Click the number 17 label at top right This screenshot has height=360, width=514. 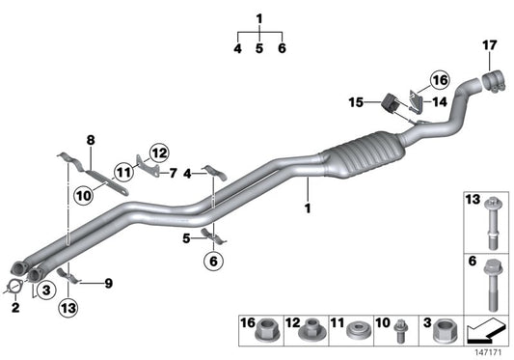[490, 43]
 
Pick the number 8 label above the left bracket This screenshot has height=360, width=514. [91, 140]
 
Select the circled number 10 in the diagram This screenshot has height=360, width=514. [83, 194]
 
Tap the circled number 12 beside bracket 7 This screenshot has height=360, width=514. [158, 151]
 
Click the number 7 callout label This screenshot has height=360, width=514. [172, 174]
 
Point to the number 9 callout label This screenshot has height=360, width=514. [108, 283]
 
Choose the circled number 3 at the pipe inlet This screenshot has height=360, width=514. [45, 277]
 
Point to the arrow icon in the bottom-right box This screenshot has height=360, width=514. [484, 332]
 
